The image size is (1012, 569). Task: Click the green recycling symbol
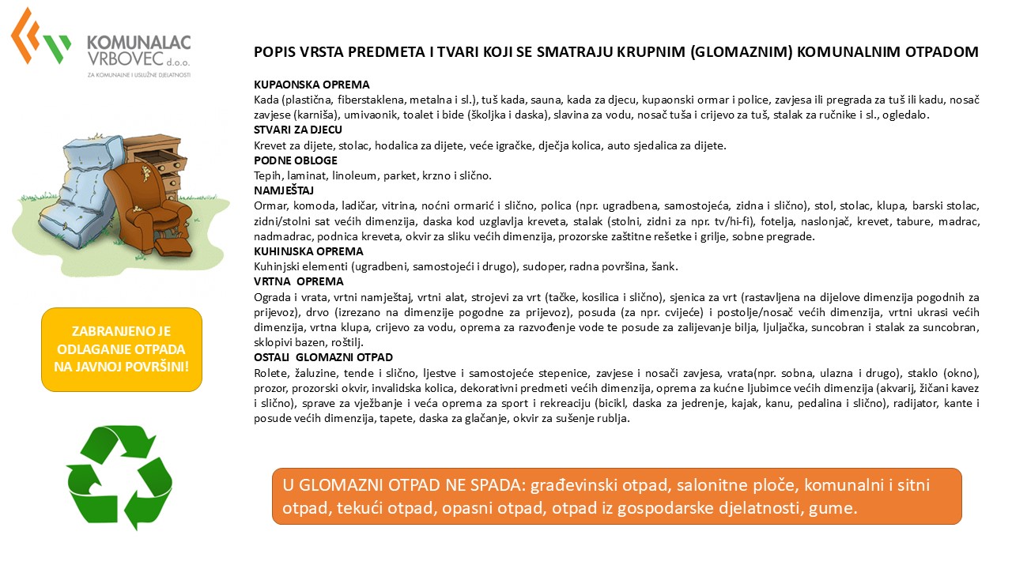pyautogui.click(x=119, y=477)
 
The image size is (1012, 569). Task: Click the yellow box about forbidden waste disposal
pyautogui.click(x=122, y=349)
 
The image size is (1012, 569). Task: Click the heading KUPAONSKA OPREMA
pyautogui.click(x=312, y=85)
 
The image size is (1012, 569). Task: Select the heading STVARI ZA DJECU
pyautogui.click(x=298, y=130)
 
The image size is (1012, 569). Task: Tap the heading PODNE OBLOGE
pyautogui.click(x=296, y=160)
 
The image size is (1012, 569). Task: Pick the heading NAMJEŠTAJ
pyautogui.click(x=284, y=190)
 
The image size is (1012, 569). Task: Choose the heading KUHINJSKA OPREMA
pyautogui.click(x=308, y=251)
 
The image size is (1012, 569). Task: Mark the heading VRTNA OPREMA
pyautogui.click(x=298, y=281)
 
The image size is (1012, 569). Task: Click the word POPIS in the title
pyautogui.click(x=274, y=52)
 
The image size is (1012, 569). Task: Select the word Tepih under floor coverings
pyautogui.click(x=268, y=175)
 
